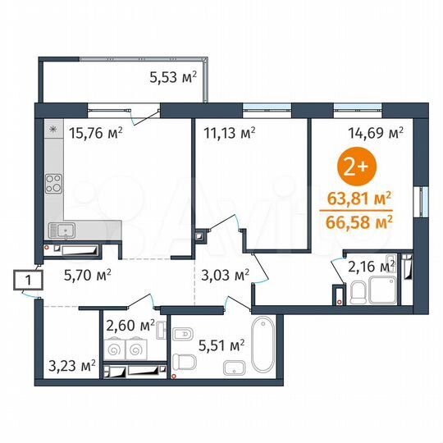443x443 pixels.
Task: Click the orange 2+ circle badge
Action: point(354,168)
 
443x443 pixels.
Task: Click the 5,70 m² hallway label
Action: point(89,276)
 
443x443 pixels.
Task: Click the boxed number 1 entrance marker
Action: point(29,281)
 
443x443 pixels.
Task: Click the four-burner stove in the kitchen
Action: point(54,181)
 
